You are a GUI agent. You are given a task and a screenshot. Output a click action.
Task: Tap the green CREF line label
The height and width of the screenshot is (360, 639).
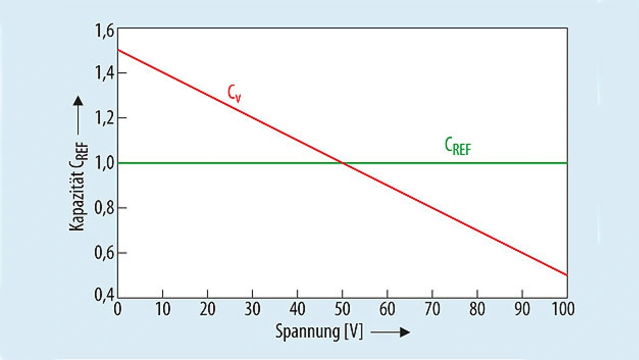coord(457,147)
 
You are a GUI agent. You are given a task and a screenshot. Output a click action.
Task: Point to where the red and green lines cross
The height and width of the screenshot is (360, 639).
coord(342,163)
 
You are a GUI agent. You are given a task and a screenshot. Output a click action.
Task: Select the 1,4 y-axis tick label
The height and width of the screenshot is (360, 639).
coord(103,73)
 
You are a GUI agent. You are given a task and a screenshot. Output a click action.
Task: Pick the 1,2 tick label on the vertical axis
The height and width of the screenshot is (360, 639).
coord(103,118)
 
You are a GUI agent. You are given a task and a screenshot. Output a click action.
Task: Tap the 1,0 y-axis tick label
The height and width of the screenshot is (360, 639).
coord(103,163)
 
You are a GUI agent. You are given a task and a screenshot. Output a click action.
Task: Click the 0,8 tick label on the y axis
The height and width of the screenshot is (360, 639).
coord(103,208)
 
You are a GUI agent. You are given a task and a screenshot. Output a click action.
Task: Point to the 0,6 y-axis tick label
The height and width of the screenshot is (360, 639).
coord(103,253)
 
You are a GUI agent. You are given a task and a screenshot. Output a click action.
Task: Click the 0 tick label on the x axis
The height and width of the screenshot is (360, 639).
coord(118,309)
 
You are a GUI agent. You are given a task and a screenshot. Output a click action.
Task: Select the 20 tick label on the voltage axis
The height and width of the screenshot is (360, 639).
coord(208,309)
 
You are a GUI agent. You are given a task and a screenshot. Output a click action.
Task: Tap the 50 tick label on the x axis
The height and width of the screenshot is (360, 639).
coord(342,309)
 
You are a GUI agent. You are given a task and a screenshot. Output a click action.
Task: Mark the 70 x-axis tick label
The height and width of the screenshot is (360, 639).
coord(432,309)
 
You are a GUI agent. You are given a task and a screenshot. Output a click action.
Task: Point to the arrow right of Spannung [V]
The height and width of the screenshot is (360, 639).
coord(390,333)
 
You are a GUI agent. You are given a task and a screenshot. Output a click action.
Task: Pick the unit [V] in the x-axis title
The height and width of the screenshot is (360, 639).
coord(353,333)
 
